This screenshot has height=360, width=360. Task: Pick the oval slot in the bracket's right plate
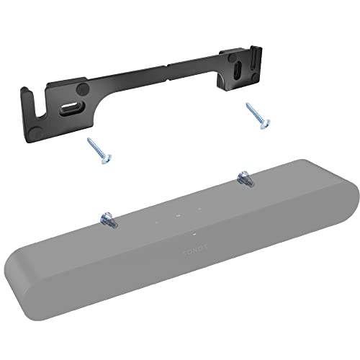tap(238, 76)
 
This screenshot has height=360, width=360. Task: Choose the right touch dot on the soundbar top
tap(198, 210)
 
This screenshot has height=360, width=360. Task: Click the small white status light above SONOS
tap(194, 234)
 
